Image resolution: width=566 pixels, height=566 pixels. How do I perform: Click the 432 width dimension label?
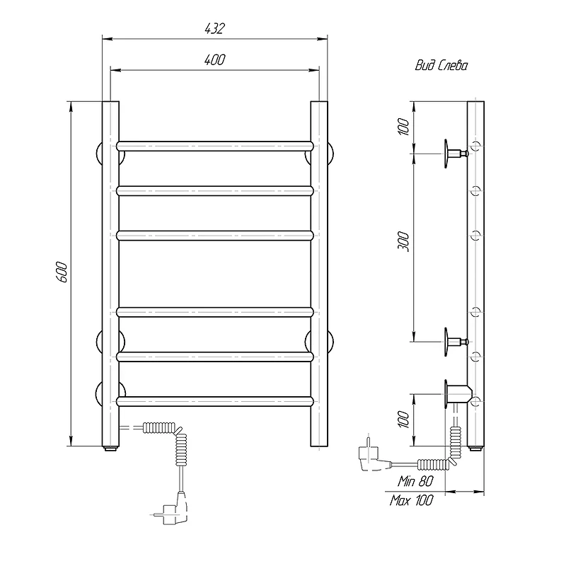coord(215,28)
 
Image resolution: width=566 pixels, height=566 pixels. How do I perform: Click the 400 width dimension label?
coord(215,59)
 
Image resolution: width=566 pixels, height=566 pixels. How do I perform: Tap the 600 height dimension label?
coord(62,272)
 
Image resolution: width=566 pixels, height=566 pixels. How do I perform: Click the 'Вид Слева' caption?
coord(441,65)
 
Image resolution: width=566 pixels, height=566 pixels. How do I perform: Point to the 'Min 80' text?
coord(415,481)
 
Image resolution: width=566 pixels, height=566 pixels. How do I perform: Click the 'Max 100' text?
coord(412,500)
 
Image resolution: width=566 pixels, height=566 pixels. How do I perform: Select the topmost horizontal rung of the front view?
coord(215,146)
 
